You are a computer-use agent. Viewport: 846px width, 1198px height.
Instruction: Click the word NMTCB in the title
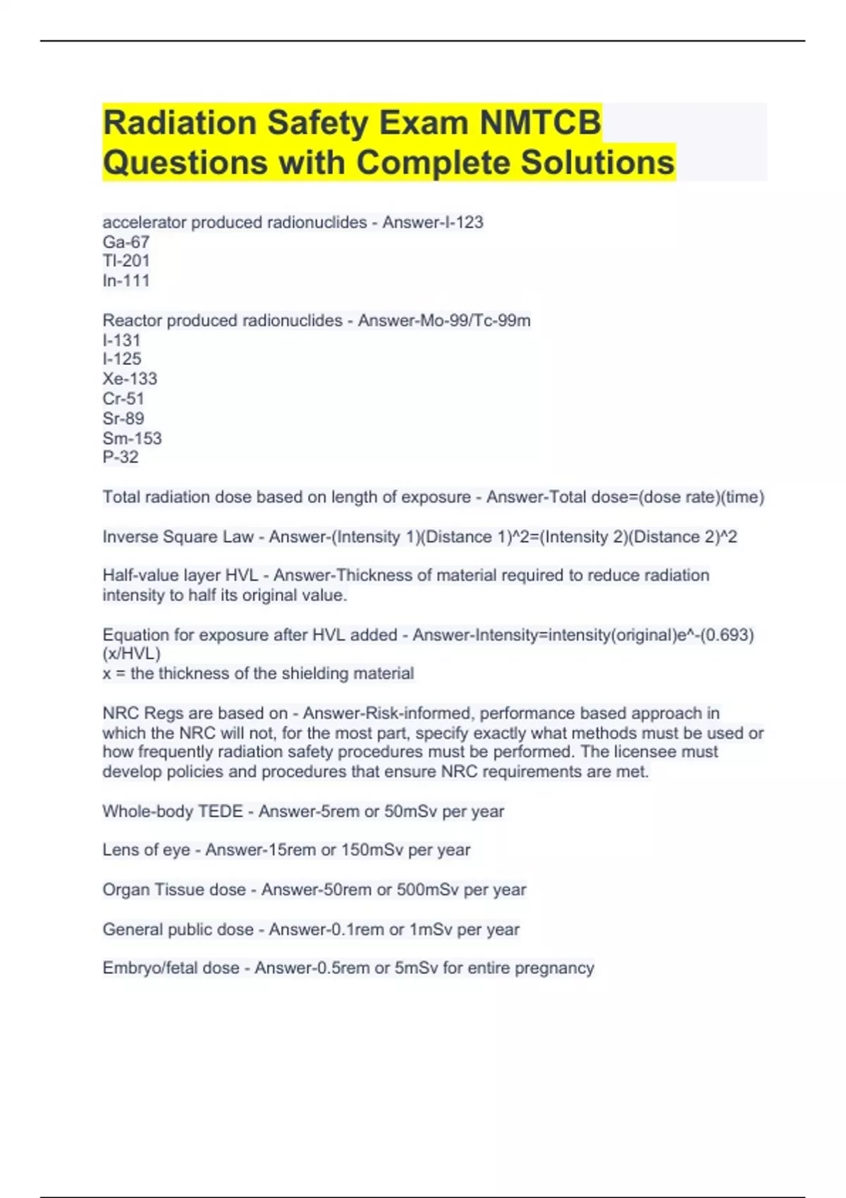point(540,123)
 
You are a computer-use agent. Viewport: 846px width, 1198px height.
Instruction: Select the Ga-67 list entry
point(126,242)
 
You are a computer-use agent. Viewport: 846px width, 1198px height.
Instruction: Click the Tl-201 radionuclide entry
point(126,261)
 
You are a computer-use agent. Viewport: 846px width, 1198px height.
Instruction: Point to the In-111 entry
point(126,280)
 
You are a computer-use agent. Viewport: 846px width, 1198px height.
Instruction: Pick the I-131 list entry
point(122,340)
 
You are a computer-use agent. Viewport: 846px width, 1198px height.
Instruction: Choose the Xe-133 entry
point(130,378)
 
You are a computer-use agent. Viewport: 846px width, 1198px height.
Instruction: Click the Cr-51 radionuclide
point(123,398)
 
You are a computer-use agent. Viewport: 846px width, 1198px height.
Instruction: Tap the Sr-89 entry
point(123,418)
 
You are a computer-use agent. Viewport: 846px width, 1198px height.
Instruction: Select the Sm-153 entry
point(132,438)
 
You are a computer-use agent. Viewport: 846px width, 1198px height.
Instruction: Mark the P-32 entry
point(121,457)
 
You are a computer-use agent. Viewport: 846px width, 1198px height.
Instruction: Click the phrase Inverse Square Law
point(178,537)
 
